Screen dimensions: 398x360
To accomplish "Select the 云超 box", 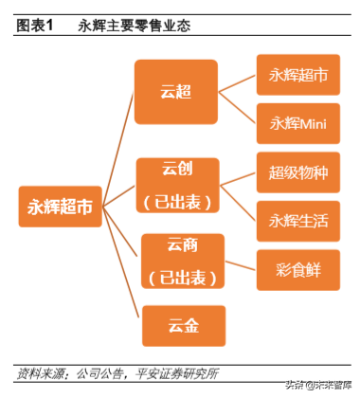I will click(175, 91).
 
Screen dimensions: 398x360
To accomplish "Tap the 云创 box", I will click(177, 187).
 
